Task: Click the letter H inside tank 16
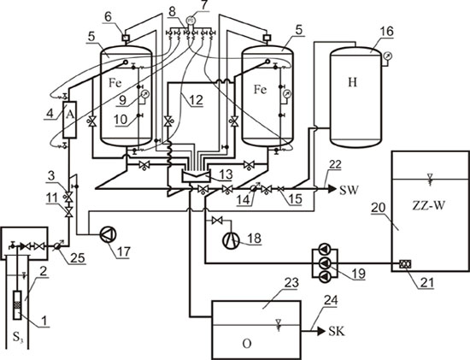(x=352, y=82)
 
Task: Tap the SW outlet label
(x=349, y=190)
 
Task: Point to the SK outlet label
(x=337, y=331)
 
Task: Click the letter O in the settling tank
(x=247, y=344)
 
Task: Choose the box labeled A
(x=70, y=120)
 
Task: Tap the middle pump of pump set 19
(x=325, y=263)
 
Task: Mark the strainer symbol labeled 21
(x=405, y=264)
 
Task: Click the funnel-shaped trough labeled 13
(x=197, y=175)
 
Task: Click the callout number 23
(x=291, y=283)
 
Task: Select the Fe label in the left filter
(x=115, y=82)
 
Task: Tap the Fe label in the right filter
(x=260, y=90)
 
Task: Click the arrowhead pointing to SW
(x=332, y=189)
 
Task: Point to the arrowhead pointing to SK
(x=321, y=331)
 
